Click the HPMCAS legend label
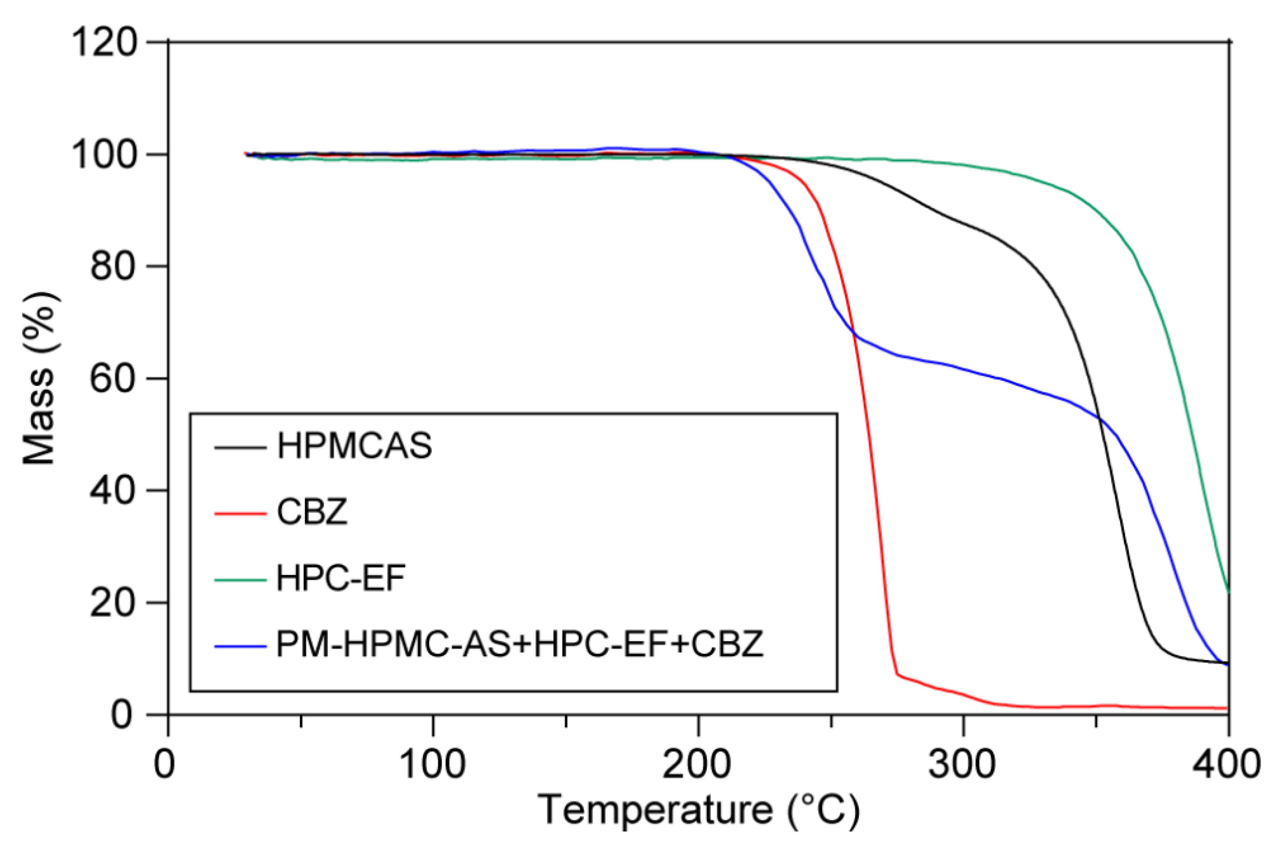pos(354,446)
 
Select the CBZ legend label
pos(312,511)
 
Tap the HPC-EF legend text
pos(341,578)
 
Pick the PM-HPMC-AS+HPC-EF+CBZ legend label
pos(520,644)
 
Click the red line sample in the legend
pos(240,513)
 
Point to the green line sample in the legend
pos(240,580)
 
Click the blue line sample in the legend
pos(240,646)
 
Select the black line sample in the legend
pos(240,448)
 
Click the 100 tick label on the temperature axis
pos(432,765)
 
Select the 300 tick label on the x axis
pos(962,765)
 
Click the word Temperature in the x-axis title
pos(655,811)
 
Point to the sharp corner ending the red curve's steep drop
pos(897,674)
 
